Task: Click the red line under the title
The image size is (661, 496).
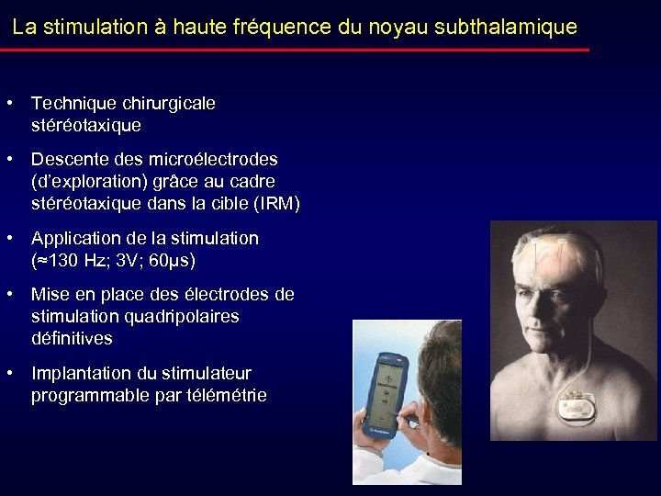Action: (x=294, y=50)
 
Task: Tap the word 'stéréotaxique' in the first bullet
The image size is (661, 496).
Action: (x=86, y=125)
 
